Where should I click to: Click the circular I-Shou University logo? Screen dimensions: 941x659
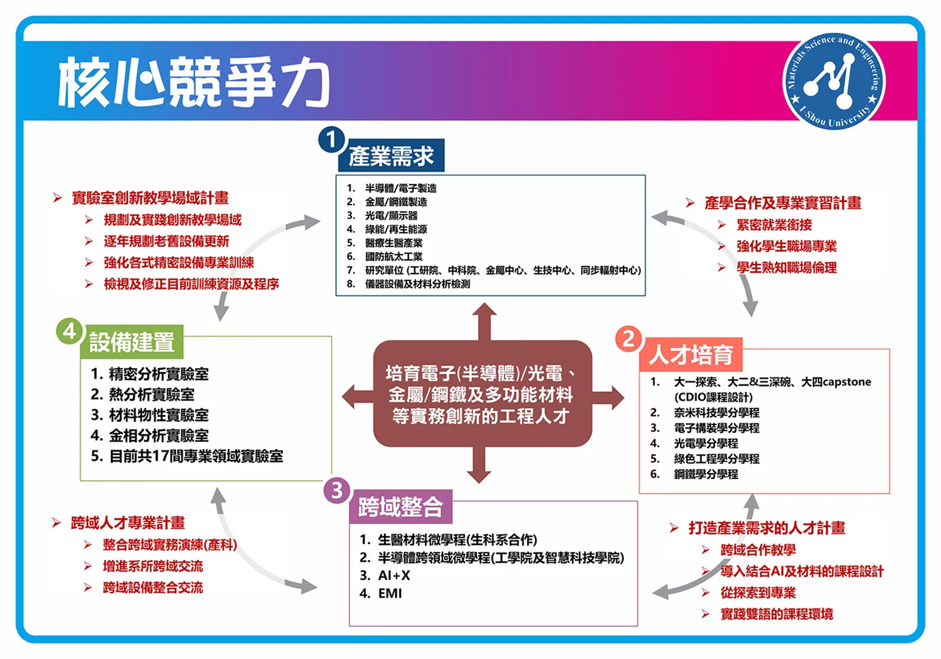(x=834, y=81)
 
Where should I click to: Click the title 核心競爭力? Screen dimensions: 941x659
(x=193, y=82)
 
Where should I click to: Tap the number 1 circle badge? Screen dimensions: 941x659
(x=331, y=139)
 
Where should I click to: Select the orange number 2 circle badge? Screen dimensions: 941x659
(x=628, y=339)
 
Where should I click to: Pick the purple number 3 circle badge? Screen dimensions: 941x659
(x=336, y=490)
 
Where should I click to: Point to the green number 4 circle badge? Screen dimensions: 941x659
(x=69, y=331)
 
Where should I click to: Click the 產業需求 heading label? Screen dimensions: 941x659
(x=391, y=156)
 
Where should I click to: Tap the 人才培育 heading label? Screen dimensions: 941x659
(x=691, y=355)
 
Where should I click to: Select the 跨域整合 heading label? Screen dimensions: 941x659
(x=401, y=507)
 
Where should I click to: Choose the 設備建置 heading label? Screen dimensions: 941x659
(x=132, y=342)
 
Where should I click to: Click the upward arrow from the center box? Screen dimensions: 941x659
(x=484, y=321)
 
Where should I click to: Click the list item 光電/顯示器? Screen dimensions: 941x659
(x=391, y=216)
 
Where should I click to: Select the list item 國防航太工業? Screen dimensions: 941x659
(x=393, y=256)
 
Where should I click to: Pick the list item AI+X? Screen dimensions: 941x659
(x=393, y=575)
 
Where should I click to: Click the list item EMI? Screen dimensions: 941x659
(x=390, y=593)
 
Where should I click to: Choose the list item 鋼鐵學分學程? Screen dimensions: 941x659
(x=706, y=474)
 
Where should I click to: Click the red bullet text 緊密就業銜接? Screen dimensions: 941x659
(x=774, y=224)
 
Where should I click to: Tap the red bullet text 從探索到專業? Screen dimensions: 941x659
(x=758, y=593)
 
